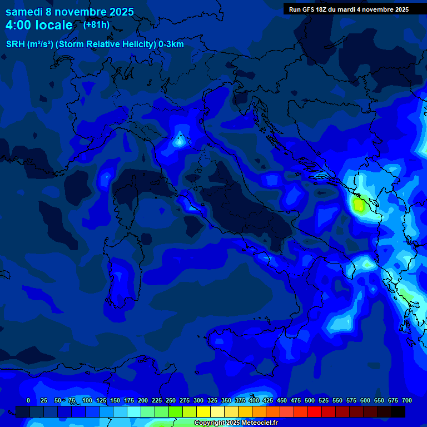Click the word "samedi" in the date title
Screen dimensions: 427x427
pos(23,12)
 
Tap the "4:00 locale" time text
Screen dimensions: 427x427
pos(39,25)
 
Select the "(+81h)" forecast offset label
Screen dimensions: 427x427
pos(96,24)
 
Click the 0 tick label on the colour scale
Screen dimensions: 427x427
pos(28,400)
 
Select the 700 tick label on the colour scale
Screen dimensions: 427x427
pos(406,400)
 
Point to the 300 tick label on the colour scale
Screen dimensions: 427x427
pos(198,400)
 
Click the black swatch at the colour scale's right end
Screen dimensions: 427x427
pos(398,411)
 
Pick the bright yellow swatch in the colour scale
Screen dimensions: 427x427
pos(203,411)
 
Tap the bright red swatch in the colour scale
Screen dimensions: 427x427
pos(315,411)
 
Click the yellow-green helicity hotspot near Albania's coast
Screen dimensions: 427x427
pos(359,206)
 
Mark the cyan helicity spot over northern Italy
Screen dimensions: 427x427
pos(179,141)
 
